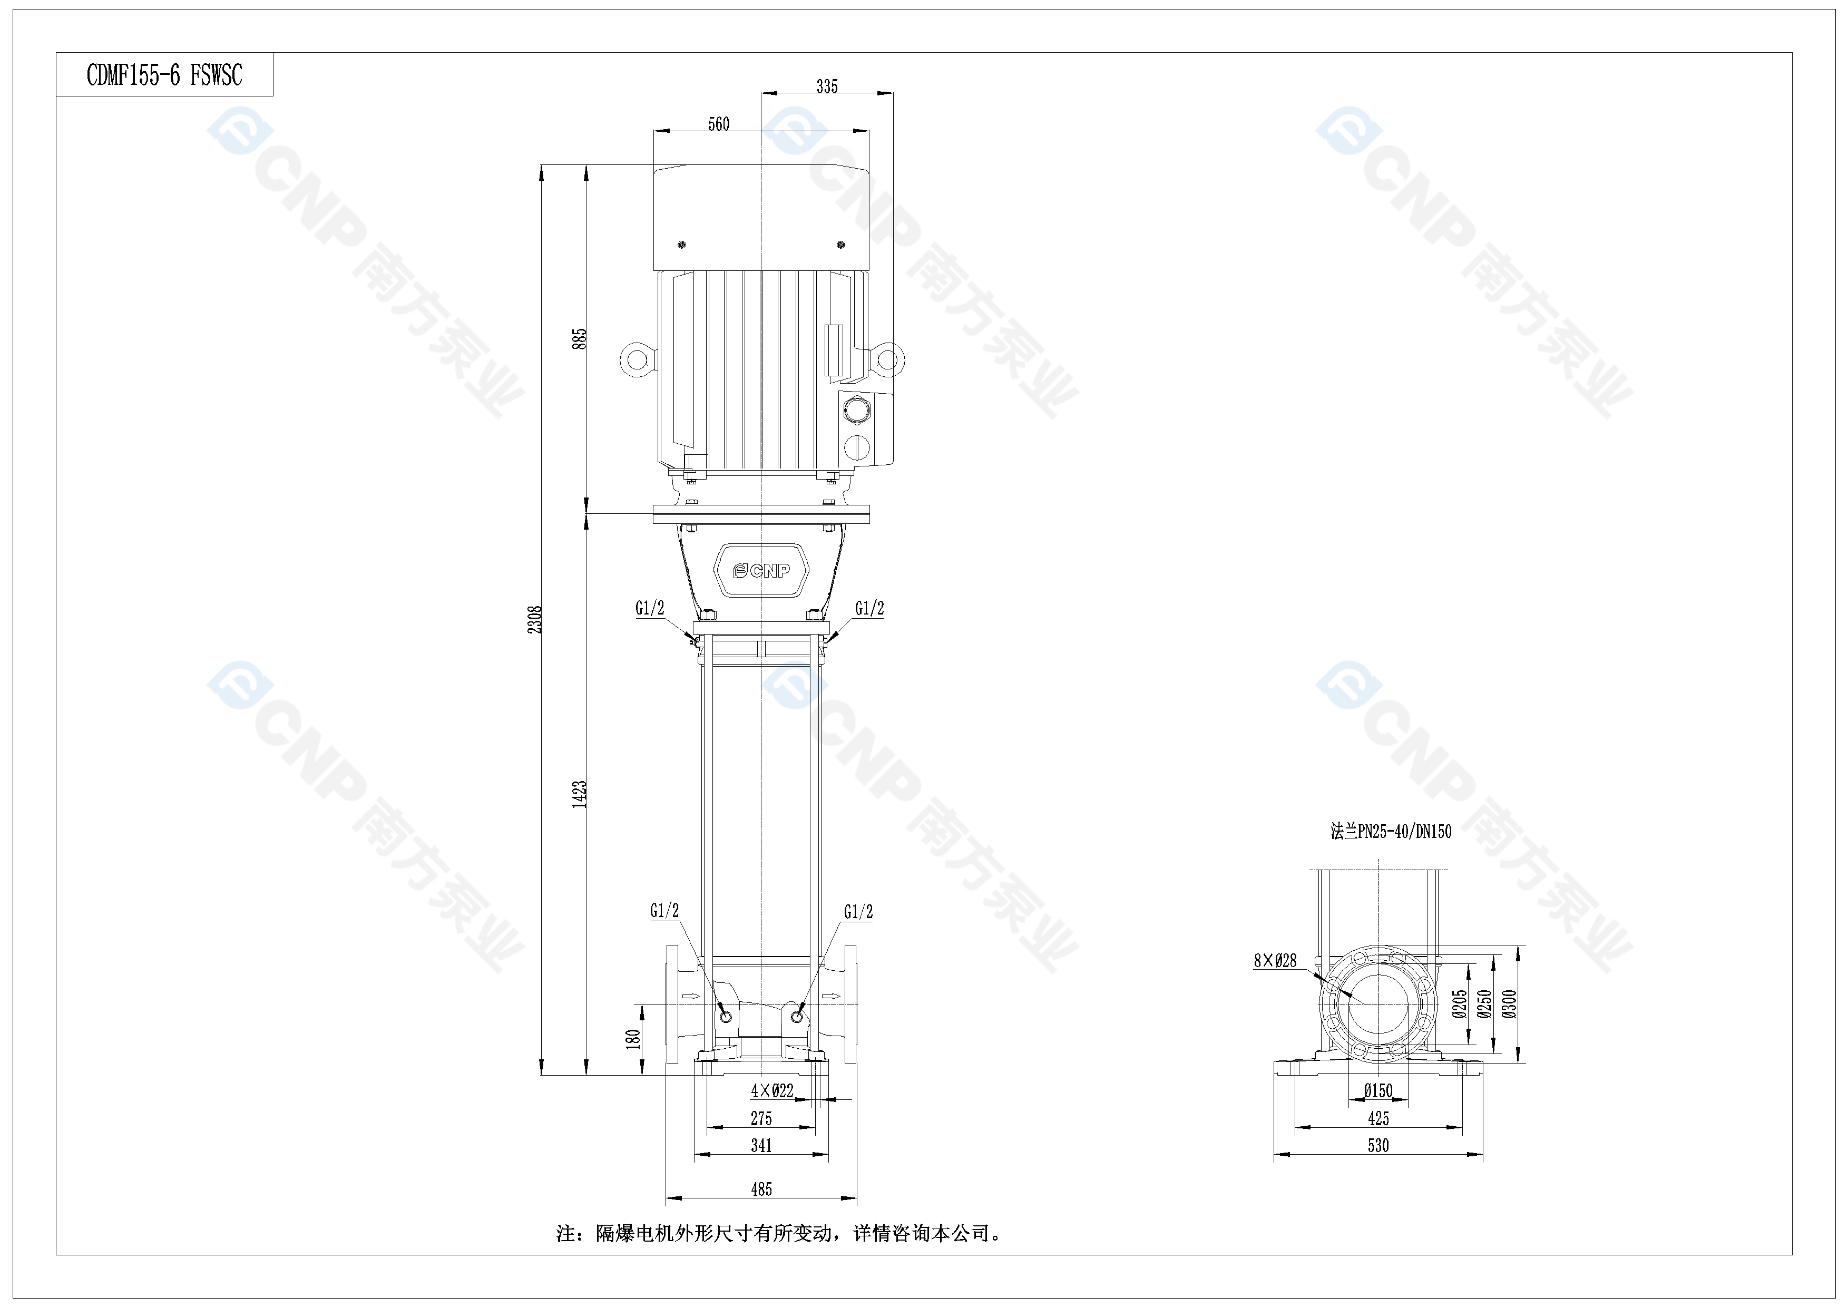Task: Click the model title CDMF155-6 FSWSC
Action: (x=164, y=76)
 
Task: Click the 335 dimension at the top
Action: (x=827, y=86)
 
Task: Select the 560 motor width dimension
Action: (x=719, y=124)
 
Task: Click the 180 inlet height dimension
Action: (x=633, y=1038)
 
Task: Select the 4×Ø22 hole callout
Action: (x=772, y=1090)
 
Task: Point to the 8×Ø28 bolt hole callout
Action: (x=1275, y=960)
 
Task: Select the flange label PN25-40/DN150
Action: (x=1391, y=831)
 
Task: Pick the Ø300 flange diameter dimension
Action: (x=1509, y=1003)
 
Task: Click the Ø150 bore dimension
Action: (x=1378, y=1090)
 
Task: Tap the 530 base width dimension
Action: (x=1378, y=1145)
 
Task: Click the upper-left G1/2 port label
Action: (x=650, y=608)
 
